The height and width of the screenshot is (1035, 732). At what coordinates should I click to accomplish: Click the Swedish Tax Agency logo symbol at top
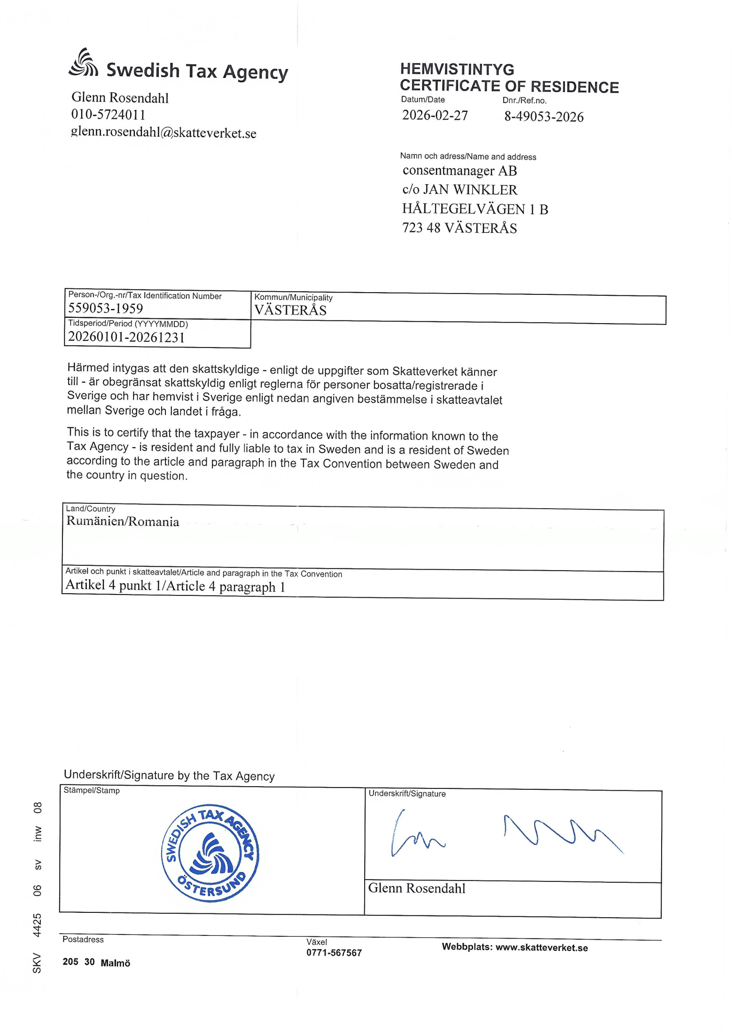click(83, 63)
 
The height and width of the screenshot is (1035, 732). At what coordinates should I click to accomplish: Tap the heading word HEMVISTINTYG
click(457, 70)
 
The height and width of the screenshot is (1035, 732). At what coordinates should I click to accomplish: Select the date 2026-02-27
click(435, 116)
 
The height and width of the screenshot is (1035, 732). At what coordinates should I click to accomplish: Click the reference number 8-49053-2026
click(543, 117)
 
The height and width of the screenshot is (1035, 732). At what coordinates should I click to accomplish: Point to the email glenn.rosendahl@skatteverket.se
click(164, 132)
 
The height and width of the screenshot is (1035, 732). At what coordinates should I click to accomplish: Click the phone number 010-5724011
click(108, 115)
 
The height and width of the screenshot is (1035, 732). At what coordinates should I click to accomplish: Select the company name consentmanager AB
click(459, 171)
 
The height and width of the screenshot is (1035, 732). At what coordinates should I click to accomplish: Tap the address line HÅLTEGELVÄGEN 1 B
click(474, 209)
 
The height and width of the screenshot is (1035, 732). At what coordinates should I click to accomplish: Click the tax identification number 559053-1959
click(105, 309)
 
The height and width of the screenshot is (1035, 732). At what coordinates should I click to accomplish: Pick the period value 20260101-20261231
click(126, 337)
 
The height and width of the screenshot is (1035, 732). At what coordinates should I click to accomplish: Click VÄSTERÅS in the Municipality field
click(290, 310)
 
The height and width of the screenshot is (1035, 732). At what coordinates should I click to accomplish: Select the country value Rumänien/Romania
click(123, 521)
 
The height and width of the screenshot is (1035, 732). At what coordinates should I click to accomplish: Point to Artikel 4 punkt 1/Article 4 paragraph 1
click(175, 586)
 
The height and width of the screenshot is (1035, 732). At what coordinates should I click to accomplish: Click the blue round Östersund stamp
click(210, 853)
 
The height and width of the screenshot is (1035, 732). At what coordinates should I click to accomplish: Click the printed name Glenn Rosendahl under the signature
click(416, 888)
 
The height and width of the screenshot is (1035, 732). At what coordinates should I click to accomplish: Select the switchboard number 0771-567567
click(334, 953)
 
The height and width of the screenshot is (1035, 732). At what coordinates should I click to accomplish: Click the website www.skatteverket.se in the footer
click(541, 947)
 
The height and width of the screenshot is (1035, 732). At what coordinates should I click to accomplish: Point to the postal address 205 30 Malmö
click(96, 962)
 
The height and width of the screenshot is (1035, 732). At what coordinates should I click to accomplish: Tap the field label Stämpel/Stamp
click(92, 790)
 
